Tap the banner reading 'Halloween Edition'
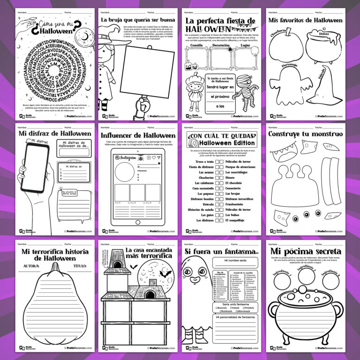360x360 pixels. [x=227, y=142]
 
